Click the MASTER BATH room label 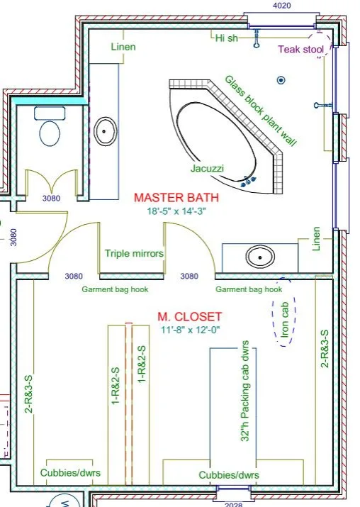point(176,198)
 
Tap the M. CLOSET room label point(190,316)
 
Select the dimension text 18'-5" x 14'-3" point(176,211)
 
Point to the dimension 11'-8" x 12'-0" point(191,330)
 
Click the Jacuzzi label point(207,168)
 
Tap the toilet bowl point(50,133)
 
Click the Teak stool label point(301,50)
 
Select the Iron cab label point(285,320)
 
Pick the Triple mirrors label point(134,253)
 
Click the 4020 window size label point(281,6)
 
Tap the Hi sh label point(227,38)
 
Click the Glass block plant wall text point(261,111)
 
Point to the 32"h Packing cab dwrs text point(245,391)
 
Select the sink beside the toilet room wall point(105,131)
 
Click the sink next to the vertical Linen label point(260,257)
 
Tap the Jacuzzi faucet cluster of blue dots point(249,181)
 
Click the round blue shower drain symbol point(281,80)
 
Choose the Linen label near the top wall point(123,47)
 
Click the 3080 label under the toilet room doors point(51,199)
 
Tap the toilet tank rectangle point(50,113)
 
